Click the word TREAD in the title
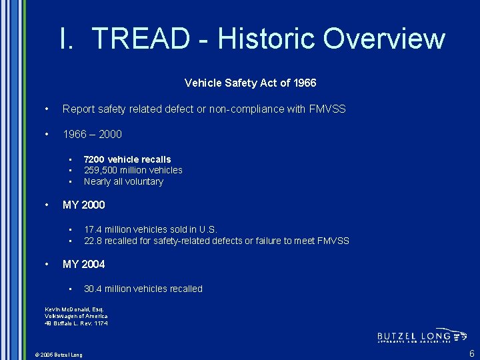141,39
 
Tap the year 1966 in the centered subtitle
303,83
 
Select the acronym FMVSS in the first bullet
327,109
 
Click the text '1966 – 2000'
92,134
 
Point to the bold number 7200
95,159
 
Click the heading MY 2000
83,205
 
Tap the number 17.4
93,229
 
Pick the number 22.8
93,241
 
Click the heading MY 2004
83,264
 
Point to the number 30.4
93,289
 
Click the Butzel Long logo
422,336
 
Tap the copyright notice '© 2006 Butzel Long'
59,355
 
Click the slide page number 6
471,353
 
